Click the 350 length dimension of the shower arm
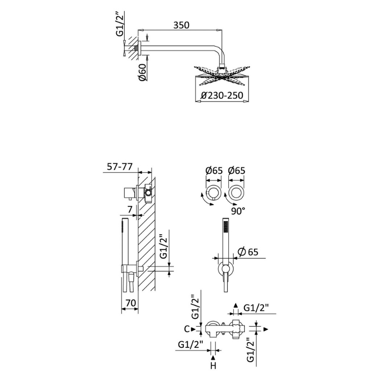coord(181,25)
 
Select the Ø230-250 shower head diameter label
coord(222,96)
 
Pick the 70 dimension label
coord(130,303)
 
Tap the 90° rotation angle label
coord(238,211)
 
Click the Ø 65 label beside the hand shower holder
coord(248,252)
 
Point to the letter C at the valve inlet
coord(186,329)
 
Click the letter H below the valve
coord(213,366)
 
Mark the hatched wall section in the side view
coord(146,241)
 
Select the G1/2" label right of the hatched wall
coord(164,247)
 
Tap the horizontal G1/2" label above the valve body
coord(256,308)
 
